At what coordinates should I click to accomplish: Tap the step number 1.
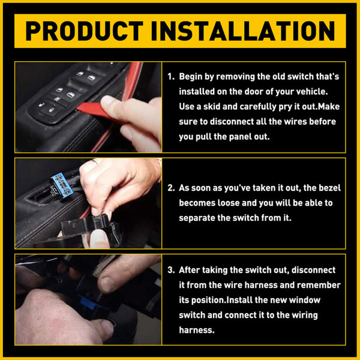click(x=170, y=77)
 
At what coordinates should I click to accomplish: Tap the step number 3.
click(x=170, y=271)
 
